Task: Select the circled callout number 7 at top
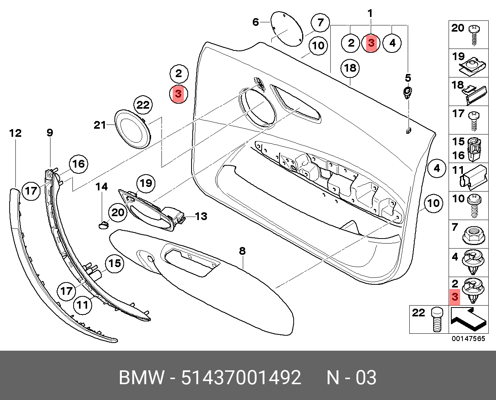(x=320, y=23)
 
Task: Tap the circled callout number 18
(x=350, y=69)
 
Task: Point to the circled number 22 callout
(x=143, y=105)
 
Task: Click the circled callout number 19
(x=146, y=183)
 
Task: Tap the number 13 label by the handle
(x=201, y=216)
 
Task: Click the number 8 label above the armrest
(x=242, y=251)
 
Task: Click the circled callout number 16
(x=78, y=164)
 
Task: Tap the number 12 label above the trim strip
(x=15, y=133)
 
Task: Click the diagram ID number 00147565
(x=469, y=339)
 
